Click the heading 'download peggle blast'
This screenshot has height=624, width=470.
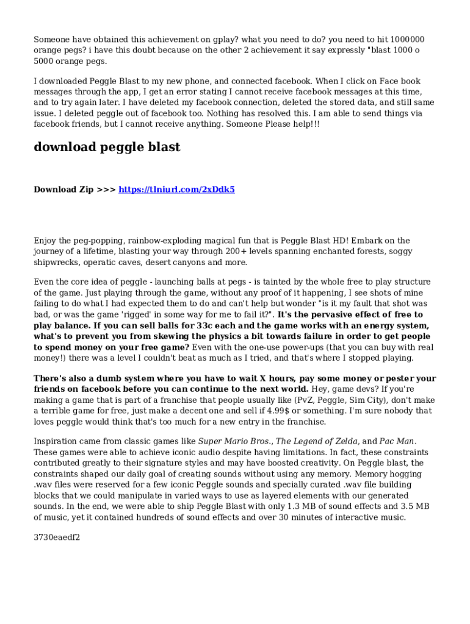tap(107, 147)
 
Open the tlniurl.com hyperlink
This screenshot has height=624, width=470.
tap(176, 190)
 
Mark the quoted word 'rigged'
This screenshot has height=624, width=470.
tap(164, 314)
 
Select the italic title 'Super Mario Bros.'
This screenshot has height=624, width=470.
tap(236, 441)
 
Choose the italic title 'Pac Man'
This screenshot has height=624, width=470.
tap(397, 441)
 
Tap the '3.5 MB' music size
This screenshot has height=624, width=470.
tap(415, 506)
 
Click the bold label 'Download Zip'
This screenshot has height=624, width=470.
tap(63, 190)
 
